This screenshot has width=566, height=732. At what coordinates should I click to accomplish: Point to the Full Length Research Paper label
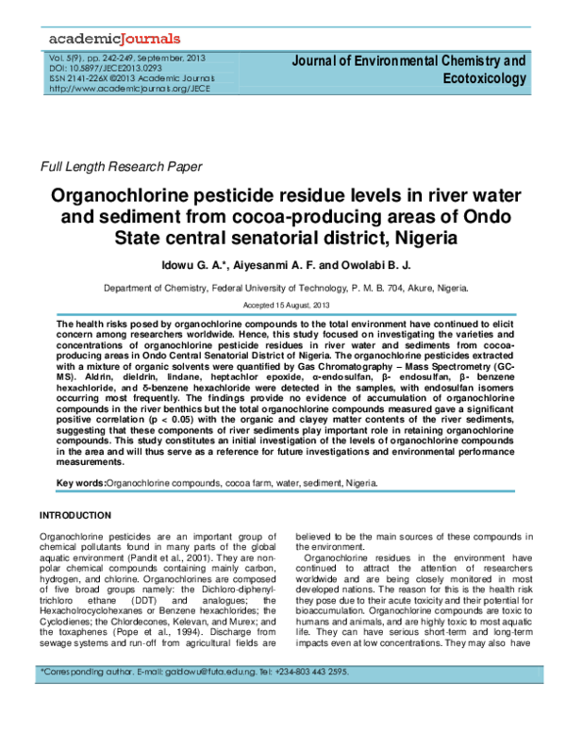[120, 168]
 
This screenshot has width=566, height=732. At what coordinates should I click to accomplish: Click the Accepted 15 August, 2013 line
[283, 306]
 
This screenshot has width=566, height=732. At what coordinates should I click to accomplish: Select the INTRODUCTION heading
[83, 516]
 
